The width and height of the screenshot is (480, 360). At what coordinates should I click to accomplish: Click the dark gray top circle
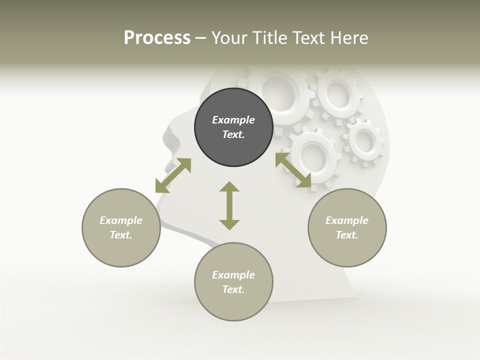pyautogui.click(x=233, y=127)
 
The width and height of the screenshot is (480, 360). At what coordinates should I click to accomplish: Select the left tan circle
pyautogui.click(x=121, y=227)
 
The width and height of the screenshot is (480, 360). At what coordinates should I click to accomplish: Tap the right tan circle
pyautogui.click(x=347, y=227)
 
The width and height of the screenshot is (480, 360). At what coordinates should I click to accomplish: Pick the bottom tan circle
pyautogui.click(x=233, y=282)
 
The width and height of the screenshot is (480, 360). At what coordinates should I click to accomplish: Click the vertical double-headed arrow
pyautogui.click(x=229, y=205)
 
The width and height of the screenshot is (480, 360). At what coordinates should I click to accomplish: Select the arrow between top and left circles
pyautogui.click(x=173, y=175)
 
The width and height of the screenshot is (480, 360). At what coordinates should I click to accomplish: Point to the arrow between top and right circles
pyautogui.click(x=293, y=170)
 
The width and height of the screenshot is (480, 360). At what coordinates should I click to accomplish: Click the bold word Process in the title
pyautogui.click(x=157, y=38)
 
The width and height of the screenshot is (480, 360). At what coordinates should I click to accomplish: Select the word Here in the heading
pyautogui.click(x=348, y=38)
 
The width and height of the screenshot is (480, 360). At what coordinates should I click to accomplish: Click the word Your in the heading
pyautogui.click(x=228, y=38)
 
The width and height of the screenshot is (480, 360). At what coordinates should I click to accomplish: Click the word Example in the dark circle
pyautogui.click(x=233, y=120)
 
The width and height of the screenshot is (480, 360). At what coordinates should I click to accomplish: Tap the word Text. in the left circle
pyautogui.click(x=121, y=235)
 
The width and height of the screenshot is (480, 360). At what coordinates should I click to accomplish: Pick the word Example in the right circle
pyautogui.click(x=347, y=220)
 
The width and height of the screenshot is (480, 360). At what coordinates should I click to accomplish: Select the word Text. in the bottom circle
pyautogui.click(x=233, y=289)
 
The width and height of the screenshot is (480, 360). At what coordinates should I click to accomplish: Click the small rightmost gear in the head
pyautogui.click(x=363, y=142)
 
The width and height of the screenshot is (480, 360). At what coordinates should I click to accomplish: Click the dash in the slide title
pyautogui.click(x=201, y=38)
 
